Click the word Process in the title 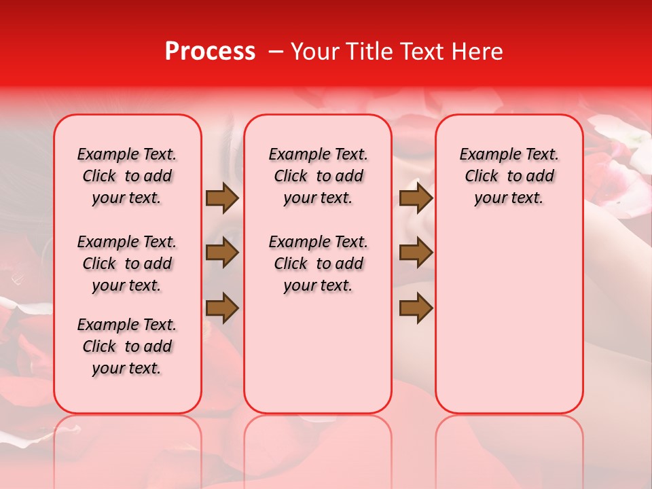[209, 52]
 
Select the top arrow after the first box [222, 198]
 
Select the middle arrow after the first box [222, 253]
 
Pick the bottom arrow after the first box [222, 309]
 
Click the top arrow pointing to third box [416, 198]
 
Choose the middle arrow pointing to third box [416, 253]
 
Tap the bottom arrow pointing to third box [416, 309]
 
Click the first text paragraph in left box [127, 176]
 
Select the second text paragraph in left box [127, 264]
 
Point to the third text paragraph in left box [127, 346]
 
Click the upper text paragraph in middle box [318, 176]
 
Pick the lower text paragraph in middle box [318, 264]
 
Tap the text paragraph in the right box [509, 176]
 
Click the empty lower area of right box [509, 319]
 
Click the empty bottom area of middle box [318, 360]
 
